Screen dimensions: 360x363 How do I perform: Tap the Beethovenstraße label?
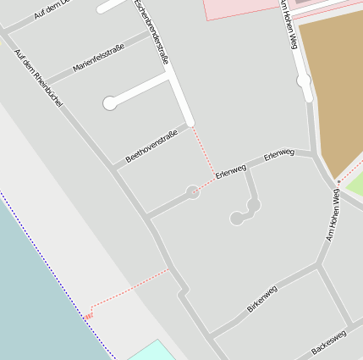pyautogui.click(x=151, y=147)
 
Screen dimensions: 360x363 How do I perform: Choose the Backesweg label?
pyautogui.click(x=328, y=342)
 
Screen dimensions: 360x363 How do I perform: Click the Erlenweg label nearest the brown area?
pyautogui.click(x=278, y=154)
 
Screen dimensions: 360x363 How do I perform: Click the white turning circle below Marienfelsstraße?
pyautogui.click(x=109, y=103)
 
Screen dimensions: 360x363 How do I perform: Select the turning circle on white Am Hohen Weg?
pyautogui.click(x=304, y=81)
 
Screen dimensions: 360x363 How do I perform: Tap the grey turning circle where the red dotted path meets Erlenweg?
pyautogui.click(x=193, y=192)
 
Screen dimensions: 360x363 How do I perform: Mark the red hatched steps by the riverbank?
pyautogui.click(x=88, y=315)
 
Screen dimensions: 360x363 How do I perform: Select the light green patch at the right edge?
pyautogui.click(x=355, y=183)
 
